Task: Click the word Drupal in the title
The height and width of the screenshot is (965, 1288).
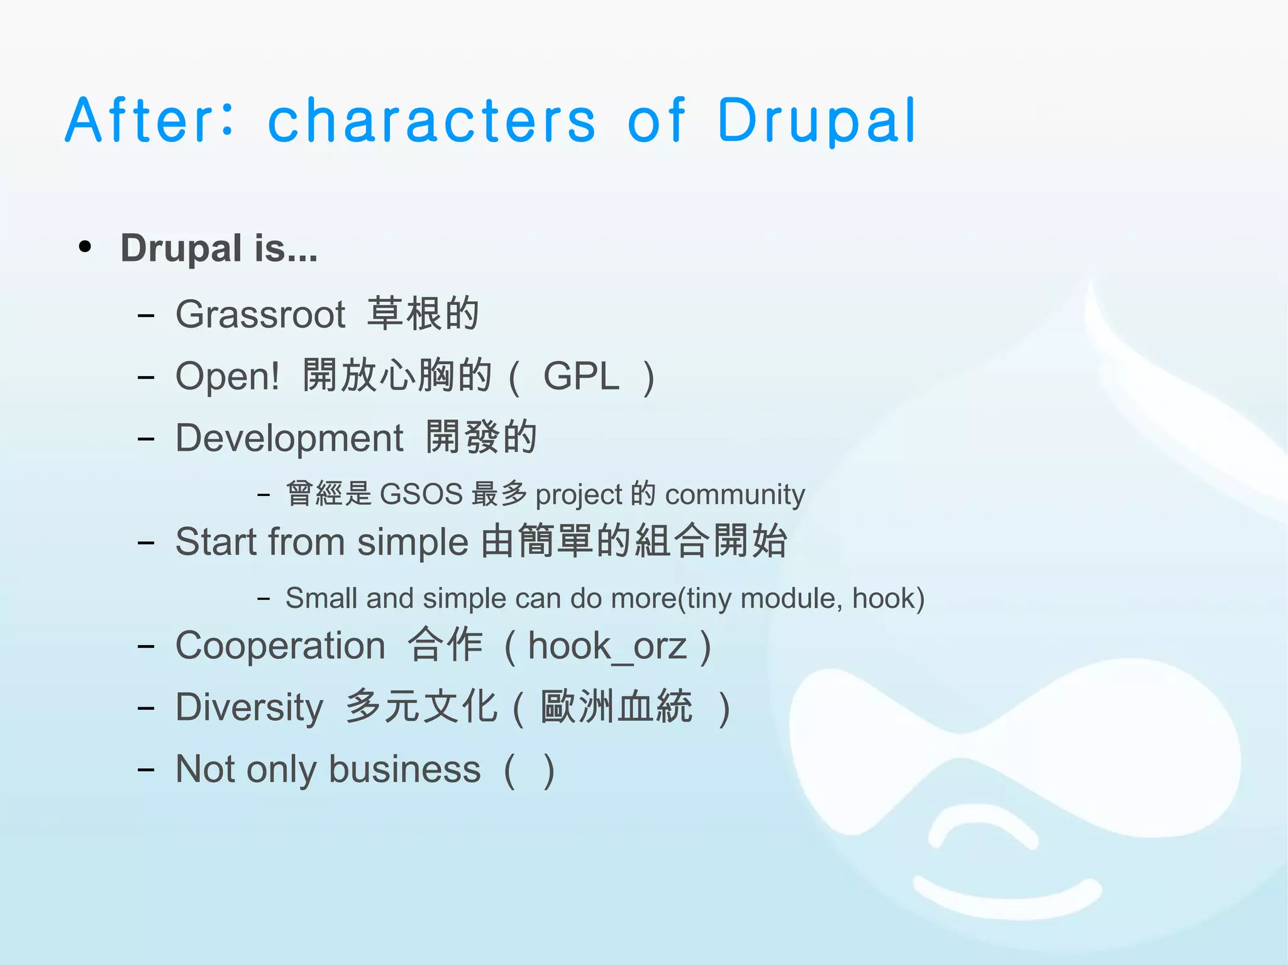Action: tap(816, 121)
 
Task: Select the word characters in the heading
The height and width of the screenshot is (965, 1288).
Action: tap(431, 121)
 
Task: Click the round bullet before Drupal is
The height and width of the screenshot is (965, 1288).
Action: tap(85, 247)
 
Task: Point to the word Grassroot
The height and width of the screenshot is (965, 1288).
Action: tap(260, 314)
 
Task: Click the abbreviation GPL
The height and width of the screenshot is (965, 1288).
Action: tap(581, 377)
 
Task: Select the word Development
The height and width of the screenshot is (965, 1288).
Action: tap(289, 438)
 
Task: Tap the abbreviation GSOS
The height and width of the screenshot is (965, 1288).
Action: tap(421, 494)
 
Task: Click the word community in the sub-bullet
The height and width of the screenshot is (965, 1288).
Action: tap(735, 495)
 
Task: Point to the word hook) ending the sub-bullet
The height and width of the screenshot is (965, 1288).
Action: tap(888, 598)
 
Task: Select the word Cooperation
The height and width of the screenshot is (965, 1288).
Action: tap(280, 646)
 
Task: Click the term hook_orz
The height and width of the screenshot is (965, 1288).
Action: tap(607, 646)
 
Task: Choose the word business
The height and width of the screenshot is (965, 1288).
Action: tap(404, 769)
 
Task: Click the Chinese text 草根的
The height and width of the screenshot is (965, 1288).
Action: tap(423, 314)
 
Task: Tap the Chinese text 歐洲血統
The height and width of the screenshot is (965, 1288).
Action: tap(616, 707)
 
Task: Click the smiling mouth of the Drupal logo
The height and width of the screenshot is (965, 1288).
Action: tap(1006, 896)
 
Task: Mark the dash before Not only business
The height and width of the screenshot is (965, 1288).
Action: tap(146, 769)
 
